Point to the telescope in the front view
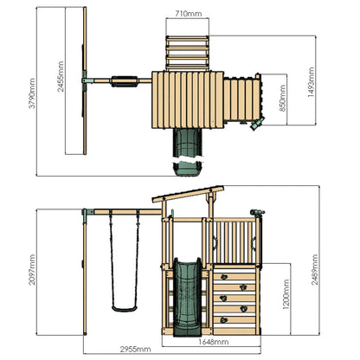click(255, 212)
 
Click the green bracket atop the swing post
click(86, 212)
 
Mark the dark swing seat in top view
click(125, 83)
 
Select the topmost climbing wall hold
click(228, 275)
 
